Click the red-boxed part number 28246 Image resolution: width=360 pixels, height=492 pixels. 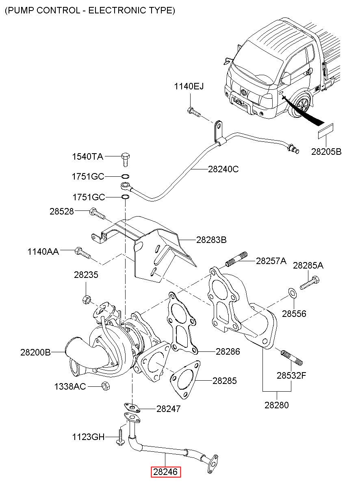click(x=166, y=472)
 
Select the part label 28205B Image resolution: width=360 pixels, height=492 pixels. click(x=326, y=152)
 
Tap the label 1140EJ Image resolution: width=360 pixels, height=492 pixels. click(x=189, y=87)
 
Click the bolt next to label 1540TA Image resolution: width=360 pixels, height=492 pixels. click(x=125, y=160)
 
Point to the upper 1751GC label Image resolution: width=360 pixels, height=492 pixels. click(x=88, y=177)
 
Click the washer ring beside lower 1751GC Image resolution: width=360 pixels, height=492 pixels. click(x=126, y=197)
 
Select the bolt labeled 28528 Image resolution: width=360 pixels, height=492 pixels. click(x=97, y=212)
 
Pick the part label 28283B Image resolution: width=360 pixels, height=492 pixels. click(x=211, y=240)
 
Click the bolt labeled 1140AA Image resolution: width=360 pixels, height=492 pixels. click(x=83, y=254)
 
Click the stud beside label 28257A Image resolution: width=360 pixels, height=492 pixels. click(x=236, y=260)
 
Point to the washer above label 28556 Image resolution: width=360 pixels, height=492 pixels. click(x=292, y=293)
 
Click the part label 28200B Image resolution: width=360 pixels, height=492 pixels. click(x=35, y=352)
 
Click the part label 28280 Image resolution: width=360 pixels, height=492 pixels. click(x=277, y=405)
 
